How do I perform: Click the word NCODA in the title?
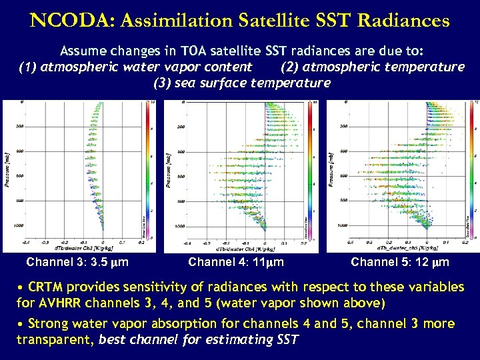65,20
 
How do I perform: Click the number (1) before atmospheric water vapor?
28,67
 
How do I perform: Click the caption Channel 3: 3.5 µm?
77,262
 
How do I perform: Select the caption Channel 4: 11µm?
236,262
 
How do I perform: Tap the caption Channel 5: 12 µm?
400,262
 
